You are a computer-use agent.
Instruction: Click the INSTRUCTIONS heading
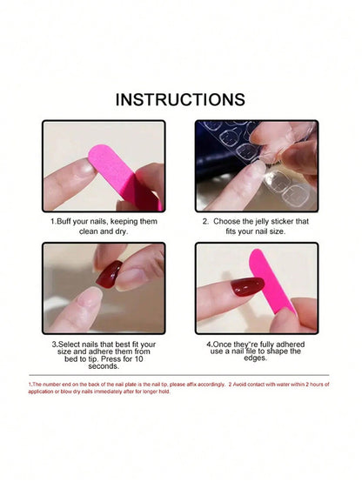pos(180,100)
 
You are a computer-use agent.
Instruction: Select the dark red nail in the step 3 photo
pos(110,273)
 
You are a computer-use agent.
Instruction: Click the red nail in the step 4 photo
pos(247,286)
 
